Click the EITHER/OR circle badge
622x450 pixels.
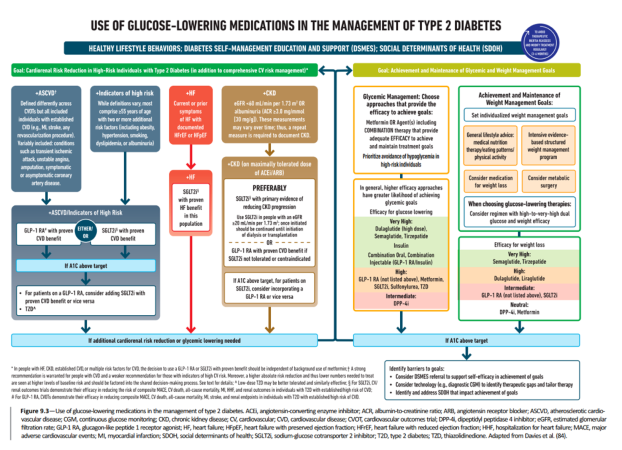click(x=85, y=232)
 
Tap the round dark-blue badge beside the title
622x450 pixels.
click(x=540, y=43)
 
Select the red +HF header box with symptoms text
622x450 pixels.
click(x=190, y=115)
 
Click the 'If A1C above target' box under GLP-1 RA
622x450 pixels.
click(x=86, y=266)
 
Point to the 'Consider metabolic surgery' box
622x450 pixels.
click(x=548, y=181)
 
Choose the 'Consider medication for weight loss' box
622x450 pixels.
click(x=490, y=181)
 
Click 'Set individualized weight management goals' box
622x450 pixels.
click(x=520, y=115)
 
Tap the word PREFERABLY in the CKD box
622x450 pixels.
click(x=269, y=188)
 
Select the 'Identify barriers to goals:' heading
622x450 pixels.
click(x=417, y=369)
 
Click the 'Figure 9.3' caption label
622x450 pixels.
click(x=34, y=411)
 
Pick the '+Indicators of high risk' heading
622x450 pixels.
click(x=125, y=93)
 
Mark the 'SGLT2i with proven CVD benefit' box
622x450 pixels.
click(x=123, y=235)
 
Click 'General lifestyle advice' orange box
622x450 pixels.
click(x=490, y=146)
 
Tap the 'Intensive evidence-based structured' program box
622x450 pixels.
click(x=548, y=146)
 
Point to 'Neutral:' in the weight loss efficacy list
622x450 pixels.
click(x=519, y=305)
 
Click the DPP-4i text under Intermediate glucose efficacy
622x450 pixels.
click(x=401, y=303)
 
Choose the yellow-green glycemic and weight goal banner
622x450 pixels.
click(x=466, y=70)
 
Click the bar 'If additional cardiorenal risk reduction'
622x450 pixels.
click(x=164, y=341)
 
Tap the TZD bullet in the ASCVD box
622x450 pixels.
click(x=30, y=309)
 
